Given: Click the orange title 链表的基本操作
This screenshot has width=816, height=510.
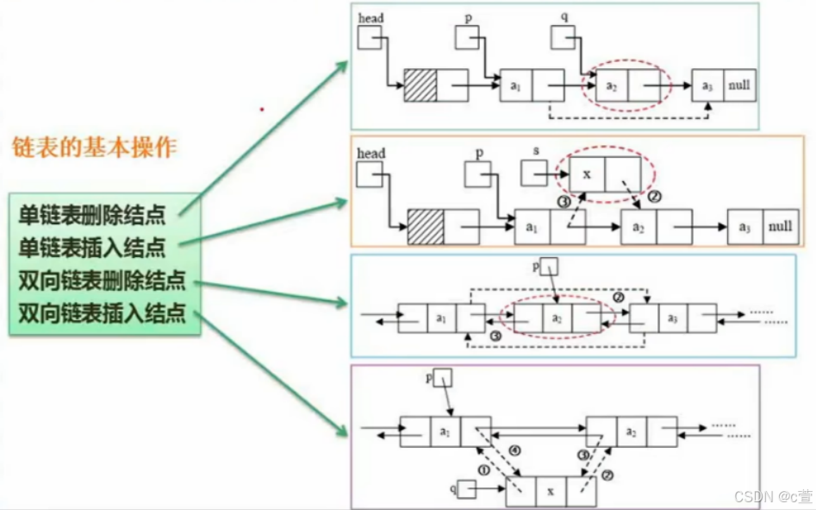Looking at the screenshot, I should pyautogui.click(x=94, y=147).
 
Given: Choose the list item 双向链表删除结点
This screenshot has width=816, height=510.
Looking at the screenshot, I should pyautogui.click(x=103, y=280).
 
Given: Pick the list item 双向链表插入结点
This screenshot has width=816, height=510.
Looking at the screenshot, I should pyautogui.click(x=103, y=312).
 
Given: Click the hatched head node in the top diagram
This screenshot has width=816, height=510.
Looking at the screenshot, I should pyautogui.click(x=420, y=85).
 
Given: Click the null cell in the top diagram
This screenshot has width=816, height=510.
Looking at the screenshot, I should pyautogui.click(x=739, y=85).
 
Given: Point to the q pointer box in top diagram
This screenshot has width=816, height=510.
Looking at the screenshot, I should pyautogui.click(x=564, y=37).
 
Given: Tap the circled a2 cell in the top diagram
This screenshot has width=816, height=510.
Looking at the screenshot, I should pyautogui.click(x=612, y=86).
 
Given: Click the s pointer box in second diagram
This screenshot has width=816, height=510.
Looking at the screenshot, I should pyautogui.click(x=534, y=173).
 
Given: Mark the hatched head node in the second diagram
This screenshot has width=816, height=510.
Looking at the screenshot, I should pyautogui.click(x=426, y=227).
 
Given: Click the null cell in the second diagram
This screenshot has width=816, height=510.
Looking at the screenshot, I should pyautogui.click(x=780, y=227).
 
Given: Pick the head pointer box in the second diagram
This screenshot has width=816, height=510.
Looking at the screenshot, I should pyautogui.click(x=370, y=175).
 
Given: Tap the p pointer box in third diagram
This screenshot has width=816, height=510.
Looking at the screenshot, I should pyautogui.click(x=549, y=266).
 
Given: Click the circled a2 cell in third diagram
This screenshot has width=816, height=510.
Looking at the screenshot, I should pyautogui.click(x=557, y=318).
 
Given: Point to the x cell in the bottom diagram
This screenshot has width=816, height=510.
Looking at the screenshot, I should pyautogui.click(x=551, y=491).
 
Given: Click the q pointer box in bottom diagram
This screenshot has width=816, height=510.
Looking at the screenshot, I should pyautogui.click(x=466, y=490).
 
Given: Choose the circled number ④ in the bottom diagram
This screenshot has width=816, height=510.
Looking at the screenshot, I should pyautogui.click(x=514, y=450).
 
